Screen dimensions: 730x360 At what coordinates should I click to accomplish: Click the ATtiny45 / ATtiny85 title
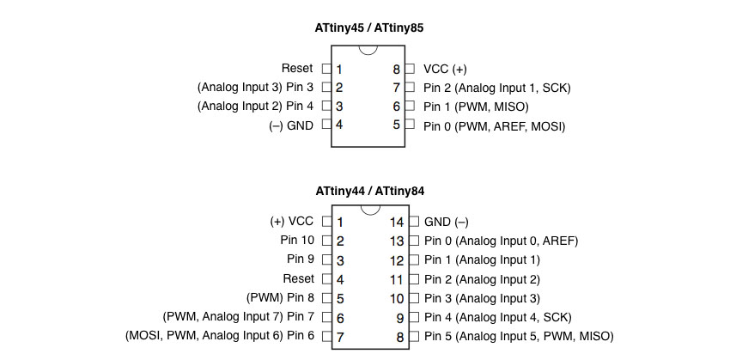(369, 28)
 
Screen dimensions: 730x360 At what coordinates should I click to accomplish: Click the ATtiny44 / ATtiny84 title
(369, 191)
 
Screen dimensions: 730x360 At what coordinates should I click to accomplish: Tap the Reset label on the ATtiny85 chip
(297, 69)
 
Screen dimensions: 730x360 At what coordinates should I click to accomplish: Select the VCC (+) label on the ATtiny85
(445, 70)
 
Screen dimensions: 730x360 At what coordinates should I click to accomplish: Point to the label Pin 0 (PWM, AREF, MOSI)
(494, 126)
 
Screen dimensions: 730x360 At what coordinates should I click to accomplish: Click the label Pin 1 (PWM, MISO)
(476, 107)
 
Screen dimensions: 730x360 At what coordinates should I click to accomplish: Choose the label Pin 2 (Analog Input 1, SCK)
(496, 88)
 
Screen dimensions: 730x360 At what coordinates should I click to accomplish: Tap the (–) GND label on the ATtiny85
(291, 125)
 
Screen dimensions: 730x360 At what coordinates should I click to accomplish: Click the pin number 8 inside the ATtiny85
(396, 70)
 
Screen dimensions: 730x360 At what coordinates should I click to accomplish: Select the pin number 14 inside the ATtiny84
(397, 223)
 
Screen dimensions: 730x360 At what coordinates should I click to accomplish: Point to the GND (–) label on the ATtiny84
(446, 222)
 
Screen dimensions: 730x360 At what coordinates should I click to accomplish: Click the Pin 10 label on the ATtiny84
(297, 241)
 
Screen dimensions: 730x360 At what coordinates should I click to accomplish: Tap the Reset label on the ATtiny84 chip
(298, 278)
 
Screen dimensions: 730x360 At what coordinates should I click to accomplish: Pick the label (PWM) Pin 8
(280, 297)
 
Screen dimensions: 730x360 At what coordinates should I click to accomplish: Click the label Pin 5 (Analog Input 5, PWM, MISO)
(519, 336)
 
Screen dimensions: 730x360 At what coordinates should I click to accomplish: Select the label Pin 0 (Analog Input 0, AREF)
(501, 241)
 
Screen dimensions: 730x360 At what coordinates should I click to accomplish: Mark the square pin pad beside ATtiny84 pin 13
(414, 241)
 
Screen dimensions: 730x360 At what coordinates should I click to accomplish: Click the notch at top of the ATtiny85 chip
(368, 50)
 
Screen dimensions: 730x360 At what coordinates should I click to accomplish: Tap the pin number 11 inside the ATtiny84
(397, 279)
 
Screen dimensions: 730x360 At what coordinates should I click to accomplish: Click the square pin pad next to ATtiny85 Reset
(327, 69)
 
